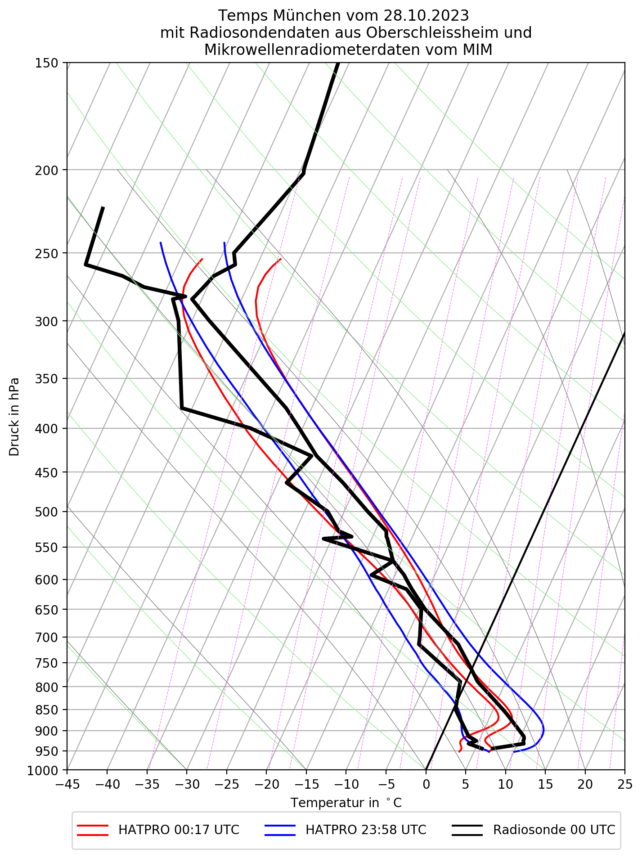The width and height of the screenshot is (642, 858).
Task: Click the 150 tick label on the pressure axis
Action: (x=47, y=63)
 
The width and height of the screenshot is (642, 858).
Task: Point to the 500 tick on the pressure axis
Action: (x=47, y=512)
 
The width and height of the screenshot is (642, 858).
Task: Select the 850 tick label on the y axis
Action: (x=47, y=710)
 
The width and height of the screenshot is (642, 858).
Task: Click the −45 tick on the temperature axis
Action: (x=67, y=784)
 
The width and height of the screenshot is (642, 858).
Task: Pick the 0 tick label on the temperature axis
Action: (x=426, y=784)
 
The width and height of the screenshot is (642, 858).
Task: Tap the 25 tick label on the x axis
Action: (x=624, y=784)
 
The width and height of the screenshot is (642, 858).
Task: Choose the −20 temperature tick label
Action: (x=266, y=784)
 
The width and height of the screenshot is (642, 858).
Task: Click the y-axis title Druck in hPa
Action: (x=14, y=416)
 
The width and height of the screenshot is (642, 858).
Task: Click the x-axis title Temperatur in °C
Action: (x=346, y=803)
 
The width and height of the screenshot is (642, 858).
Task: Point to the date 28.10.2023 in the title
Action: (x=426, y=16)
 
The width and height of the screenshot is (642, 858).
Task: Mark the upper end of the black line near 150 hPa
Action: (x=338, y=63)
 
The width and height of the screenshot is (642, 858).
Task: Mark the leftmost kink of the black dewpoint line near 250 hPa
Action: (x=85, y=265)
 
